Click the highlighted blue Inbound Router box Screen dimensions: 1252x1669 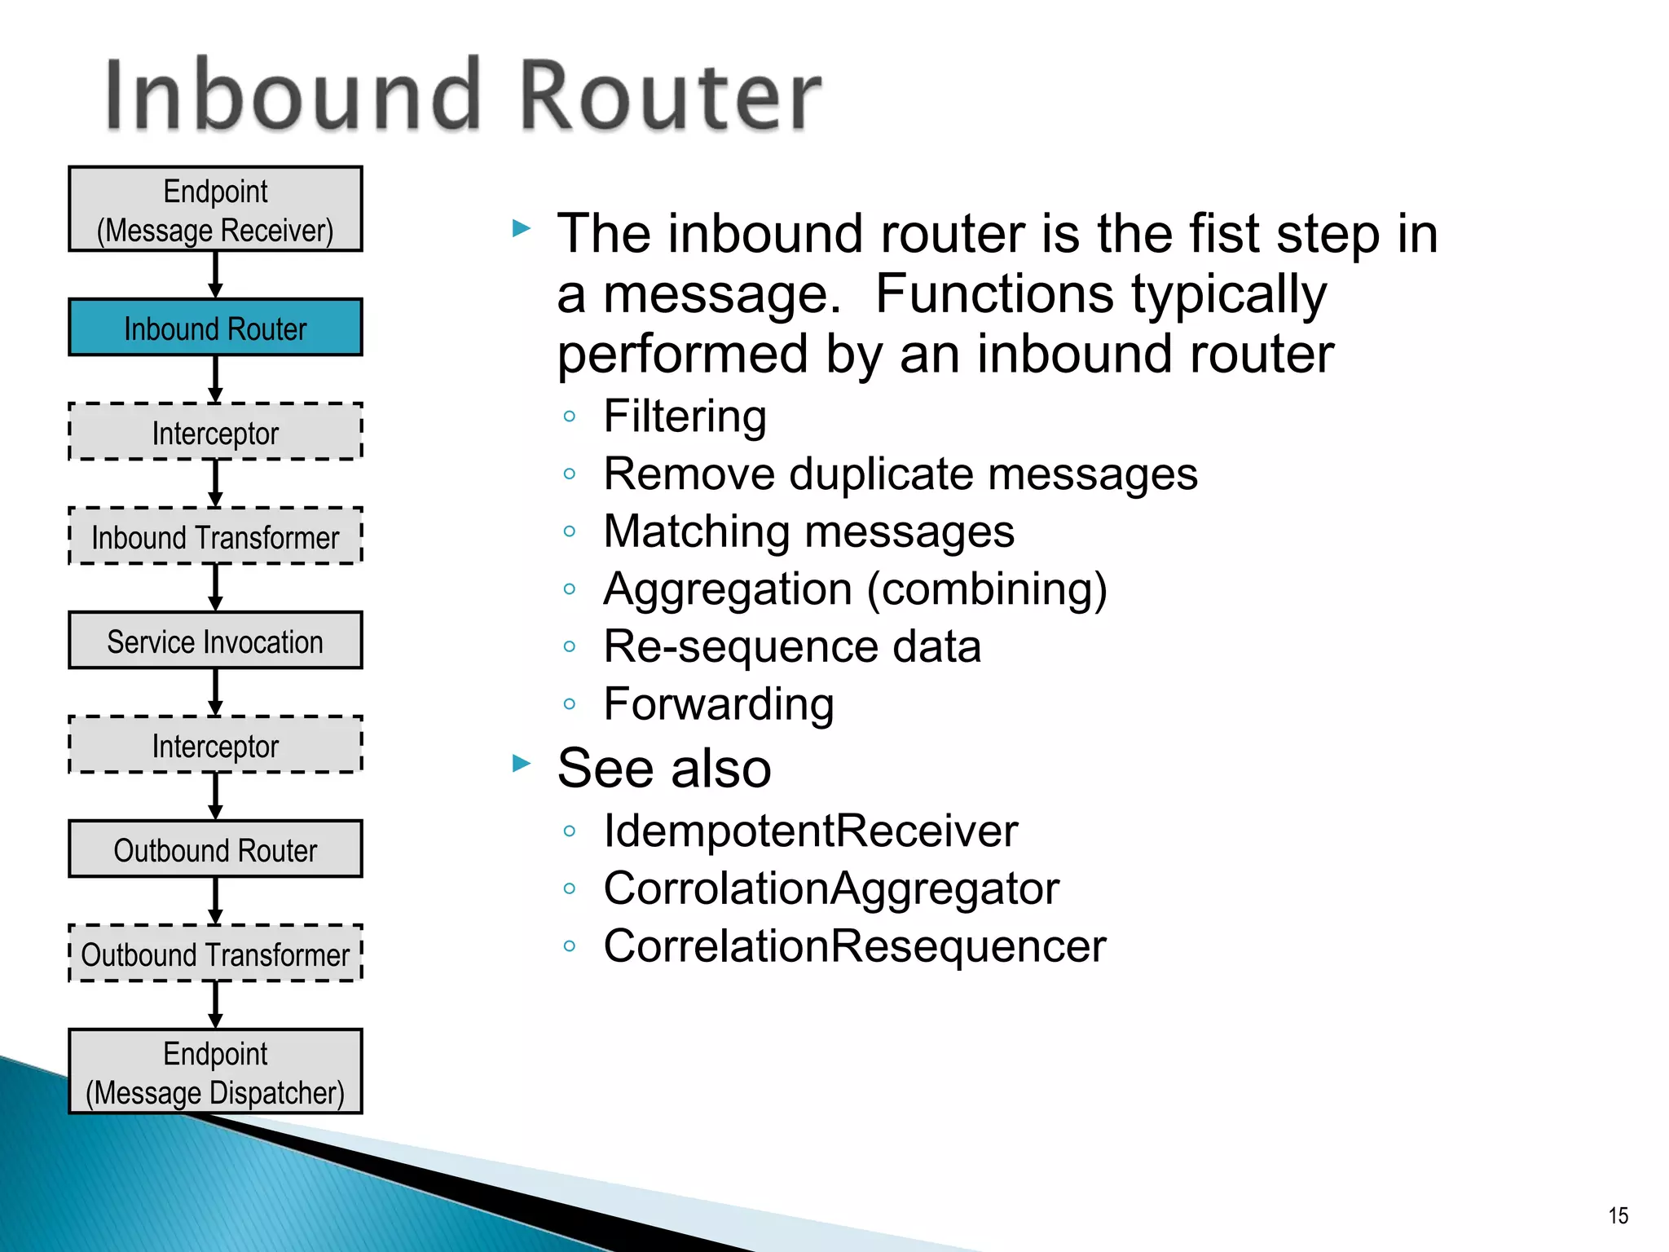tap(215, 328)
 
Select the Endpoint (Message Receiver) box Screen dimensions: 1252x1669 tap(215, 209)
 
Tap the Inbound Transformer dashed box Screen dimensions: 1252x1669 tap(215, 536)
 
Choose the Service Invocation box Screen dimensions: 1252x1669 tap(215, 641)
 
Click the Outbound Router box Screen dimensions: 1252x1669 tap(215, 849)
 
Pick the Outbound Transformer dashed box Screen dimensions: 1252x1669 tap(215, 954)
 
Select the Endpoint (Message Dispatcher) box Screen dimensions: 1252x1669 tap(215, 1072)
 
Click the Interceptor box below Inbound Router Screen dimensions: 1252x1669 tap(215, 432)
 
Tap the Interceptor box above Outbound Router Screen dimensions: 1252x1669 tap(215, 745)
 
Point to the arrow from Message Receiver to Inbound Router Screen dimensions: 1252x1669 tap(215, 275)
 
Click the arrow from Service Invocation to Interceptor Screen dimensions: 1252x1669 tap(215, 692)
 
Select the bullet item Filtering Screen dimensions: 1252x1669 tap(685, 417)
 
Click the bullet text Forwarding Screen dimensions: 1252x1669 tap(719, 704)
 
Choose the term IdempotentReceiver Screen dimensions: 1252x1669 tap(810, 831)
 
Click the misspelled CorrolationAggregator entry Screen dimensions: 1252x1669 tap(831, 888)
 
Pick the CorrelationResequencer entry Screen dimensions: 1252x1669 tap(854, 946)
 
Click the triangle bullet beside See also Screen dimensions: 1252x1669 tap(522, 764)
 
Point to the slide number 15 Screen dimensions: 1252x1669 tap(1618, 1216)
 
